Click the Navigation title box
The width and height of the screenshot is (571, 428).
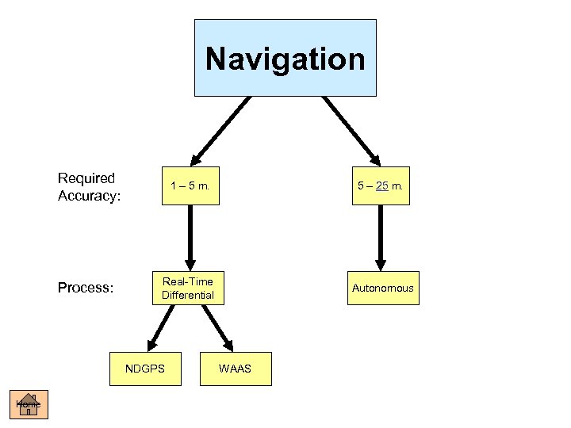285,58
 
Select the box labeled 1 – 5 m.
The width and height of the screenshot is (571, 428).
190,186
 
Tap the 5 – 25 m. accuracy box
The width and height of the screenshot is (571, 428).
381,186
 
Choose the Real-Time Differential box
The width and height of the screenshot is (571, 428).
188,289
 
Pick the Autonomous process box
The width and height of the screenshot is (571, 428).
383,288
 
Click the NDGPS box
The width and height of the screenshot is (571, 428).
145,369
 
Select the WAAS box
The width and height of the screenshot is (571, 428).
235,369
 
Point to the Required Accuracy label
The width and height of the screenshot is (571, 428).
88,186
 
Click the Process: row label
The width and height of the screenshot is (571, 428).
86,288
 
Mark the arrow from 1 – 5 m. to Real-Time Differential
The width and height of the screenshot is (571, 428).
190,238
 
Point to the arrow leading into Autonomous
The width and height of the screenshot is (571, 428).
381,238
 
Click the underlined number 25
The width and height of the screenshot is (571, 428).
381,186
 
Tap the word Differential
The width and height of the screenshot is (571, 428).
188,296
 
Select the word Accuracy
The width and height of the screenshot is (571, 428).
88,195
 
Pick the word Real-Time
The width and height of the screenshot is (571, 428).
188,281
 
